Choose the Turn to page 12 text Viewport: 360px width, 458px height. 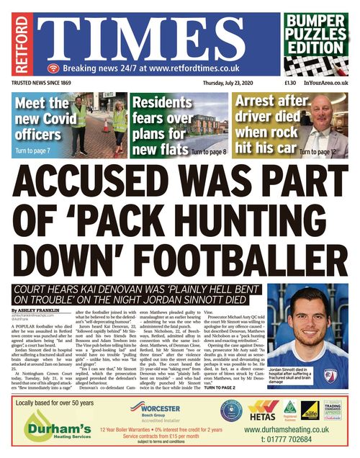click(x=318, y=152)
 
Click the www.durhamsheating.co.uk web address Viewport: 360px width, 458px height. click(x=287, y=429)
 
